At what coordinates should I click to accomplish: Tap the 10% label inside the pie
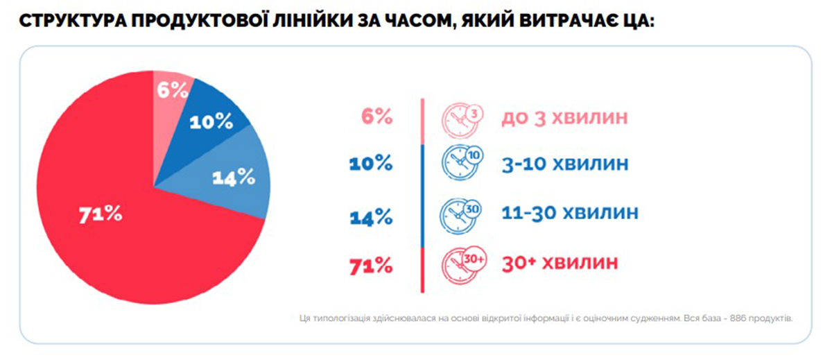(211, 121)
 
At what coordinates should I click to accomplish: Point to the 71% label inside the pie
(101, 214)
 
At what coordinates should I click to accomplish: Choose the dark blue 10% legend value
(373, 164)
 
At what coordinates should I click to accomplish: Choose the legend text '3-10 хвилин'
(565, 165)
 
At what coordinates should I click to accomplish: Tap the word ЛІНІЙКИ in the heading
(322, 21)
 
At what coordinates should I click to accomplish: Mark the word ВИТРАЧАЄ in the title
(561, 21)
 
